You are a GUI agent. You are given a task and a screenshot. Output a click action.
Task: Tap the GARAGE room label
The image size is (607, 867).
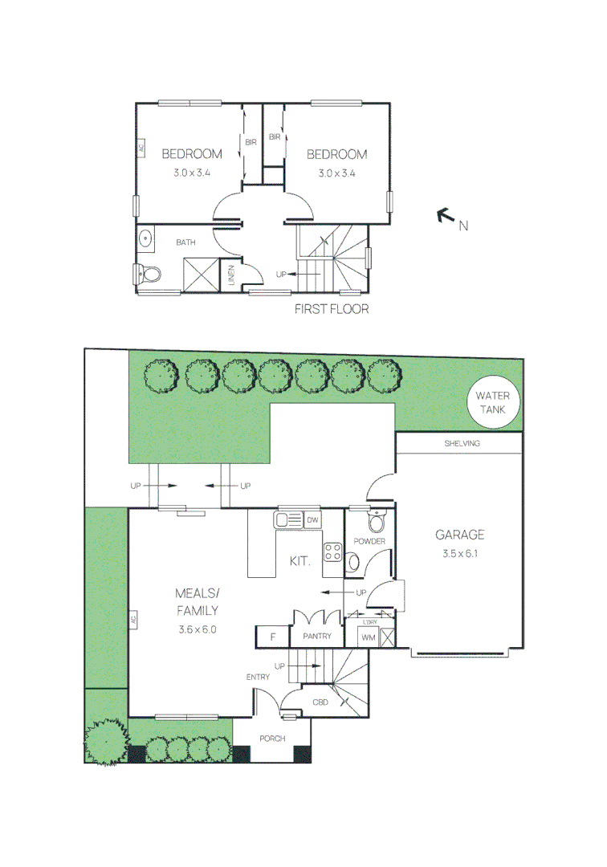(x=459, y=535)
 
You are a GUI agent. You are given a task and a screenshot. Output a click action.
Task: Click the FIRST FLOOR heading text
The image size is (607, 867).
(x=331, y=309)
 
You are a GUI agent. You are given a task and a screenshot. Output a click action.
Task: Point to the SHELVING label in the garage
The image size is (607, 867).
(x=462, y=443)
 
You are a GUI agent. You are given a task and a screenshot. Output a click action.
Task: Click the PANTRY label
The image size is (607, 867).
(x=317, y=637)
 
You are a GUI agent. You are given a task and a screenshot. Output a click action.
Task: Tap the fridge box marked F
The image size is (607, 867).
(x=272, y=637)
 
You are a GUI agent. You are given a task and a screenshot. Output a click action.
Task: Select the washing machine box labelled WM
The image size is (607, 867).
(x=369, y=637)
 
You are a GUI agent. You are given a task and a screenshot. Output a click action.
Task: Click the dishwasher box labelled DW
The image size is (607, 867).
(x=312, y=519)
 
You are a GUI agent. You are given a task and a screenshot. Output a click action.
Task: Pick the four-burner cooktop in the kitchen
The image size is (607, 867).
(x=332, y=552)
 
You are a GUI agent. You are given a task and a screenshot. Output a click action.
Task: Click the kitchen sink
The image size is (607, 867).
(x=288, y=519)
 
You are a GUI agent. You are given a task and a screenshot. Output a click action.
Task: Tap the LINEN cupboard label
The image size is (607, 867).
(x=231, y=275)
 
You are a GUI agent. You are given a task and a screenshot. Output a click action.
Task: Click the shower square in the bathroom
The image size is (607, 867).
(x=202, y=275)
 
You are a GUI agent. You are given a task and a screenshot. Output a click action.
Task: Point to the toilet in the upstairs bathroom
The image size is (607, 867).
(x=148, y=273)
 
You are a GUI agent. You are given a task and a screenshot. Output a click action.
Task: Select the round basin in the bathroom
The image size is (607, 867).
(x=145, y=239)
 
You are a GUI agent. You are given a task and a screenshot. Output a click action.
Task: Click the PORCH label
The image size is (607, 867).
(x=272, y=739)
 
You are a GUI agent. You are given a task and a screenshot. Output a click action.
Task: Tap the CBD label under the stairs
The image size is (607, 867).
(x=320, y=702)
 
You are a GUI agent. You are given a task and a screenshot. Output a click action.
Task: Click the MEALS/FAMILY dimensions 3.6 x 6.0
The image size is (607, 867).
(x=198, y=629)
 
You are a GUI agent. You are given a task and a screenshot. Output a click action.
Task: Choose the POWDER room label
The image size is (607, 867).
(x=369, y=541)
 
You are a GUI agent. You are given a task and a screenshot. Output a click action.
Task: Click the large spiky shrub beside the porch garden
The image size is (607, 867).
(x=106, y=742)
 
